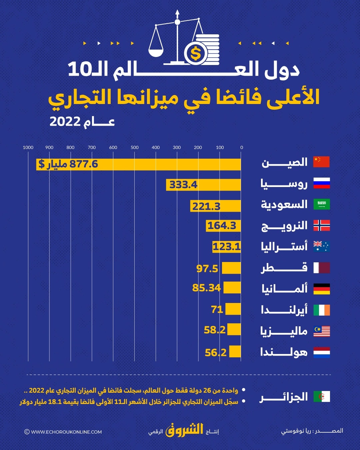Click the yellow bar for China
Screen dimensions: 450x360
tap(138, 164)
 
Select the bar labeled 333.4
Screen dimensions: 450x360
tap(203, 185)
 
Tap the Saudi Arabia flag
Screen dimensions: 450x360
tap(322, 204)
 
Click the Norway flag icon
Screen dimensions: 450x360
tap(322, 226)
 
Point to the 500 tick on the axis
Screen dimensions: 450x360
tap(135, 147)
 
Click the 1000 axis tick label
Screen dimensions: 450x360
tap(28, 147)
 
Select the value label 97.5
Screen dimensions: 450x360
tap(207, 268)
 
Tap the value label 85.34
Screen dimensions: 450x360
tap(206, 288)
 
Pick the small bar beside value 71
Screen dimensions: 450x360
tap(233, 309)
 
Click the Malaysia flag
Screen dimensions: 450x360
tap(322, 331)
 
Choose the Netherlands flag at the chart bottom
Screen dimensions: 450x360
tap(322, 352)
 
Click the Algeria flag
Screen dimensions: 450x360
tap(322, 397)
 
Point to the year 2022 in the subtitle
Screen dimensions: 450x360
tap(65, 122)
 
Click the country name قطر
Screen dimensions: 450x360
tap(284, 268)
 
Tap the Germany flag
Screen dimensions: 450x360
tap(322, 289)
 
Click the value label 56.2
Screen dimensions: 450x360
tap(215, 352)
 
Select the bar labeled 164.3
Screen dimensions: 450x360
tap(223, 226)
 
